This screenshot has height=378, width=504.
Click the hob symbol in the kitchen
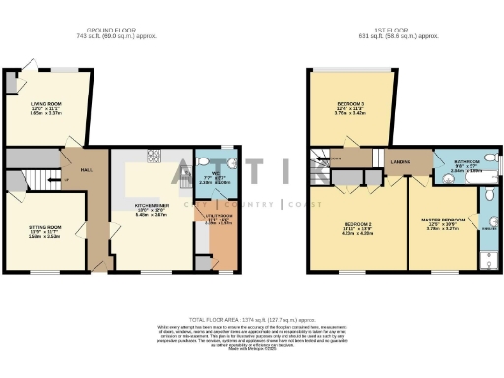[154, 155]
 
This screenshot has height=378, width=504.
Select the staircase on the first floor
[321, 164]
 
